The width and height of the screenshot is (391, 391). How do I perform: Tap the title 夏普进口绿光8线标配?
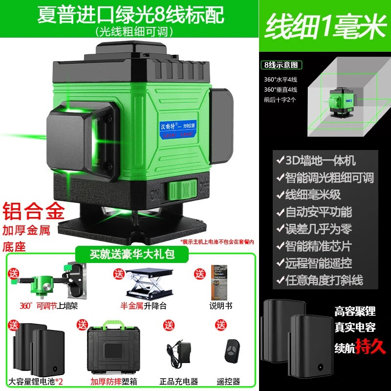[x=130, y=14]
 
